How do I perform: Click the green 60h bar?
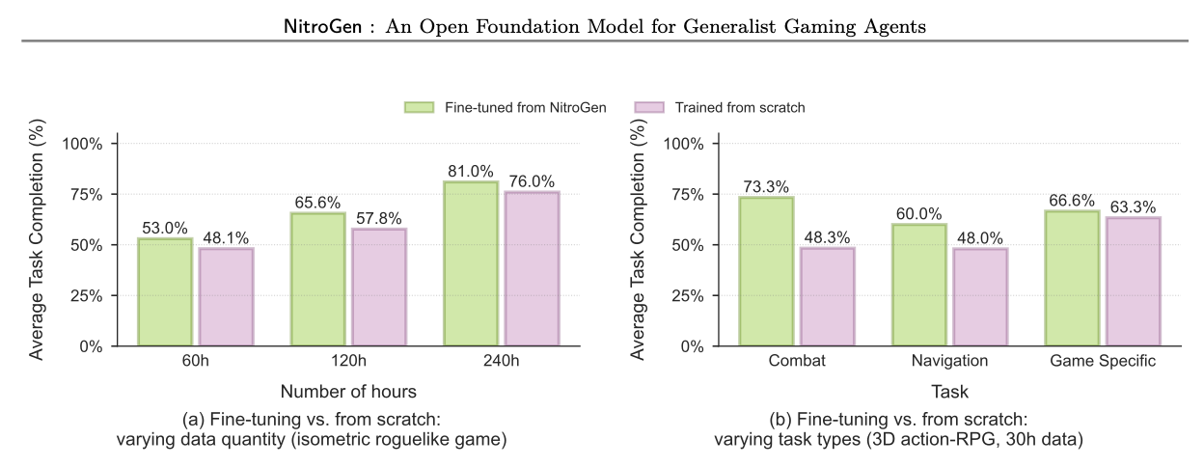(x=165, y=291)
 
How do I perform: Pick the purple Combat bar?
(x=827, y=296)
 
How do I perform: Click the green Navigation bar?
(x=918, y=285)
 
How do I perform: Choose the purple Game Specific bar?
(x=1133, y=281)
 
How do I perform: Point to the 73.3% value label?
(x=766, y=186)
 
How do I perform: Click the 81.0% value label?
(x=471, y=171)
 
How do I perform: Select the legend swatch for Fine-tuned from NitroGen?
(x=420, y=107)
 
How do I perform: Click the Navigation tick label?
(x=949, y=362)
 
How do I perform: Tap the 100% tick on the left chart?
(x=89, y=144)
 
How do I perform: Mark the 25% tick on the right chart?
(x=696, y=295)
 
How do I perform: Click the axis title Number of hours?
(x=347, y=392)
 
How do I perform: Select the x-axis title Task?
(x=949, y=392)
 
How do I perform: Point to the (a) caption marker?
(x=192, y=420)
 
